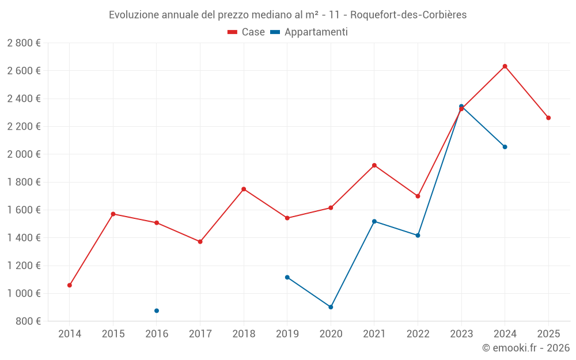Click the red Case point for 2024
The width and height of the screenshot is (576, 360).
point(505,66)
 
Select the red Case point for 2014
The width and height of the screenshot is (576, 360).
point(70,285)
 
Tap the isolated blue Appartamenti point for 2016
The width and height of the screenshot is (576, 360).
point(157,310)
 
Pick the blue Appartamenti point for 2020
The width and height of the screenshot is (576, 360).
point(331,307)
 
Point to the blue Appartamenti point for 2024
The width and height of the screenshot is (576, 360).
point(505,147)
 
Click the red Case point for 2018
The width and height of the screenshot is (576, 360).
point(244,189)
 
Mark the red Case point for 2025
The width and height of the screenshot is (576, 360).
point(548,118)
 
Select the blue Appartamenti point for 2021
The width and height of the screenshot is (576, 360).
point(374,221)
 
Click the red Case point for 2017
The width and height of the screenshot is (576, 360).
point(200,241)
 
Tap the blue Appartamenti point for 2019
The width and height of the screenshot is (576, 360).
point(287,277)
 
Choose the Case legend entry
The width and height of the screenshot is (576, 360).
point(247,32)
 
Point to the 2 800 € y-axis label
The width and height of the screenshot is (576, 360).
point(24,43)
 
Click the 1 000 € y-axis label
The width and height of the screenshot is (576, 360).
point(24,293)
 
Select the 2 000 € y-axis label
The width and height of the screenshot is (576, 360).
point(24,154)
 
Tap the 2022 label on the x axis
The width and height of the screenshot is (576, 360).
point(418,334)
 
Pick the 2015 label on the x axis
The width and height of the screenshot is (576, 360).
point(113,334)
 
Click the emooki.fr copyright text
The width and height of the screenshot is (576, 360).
point(526,348)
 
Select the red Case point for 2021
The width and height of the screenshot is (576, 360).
point(374,165)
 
